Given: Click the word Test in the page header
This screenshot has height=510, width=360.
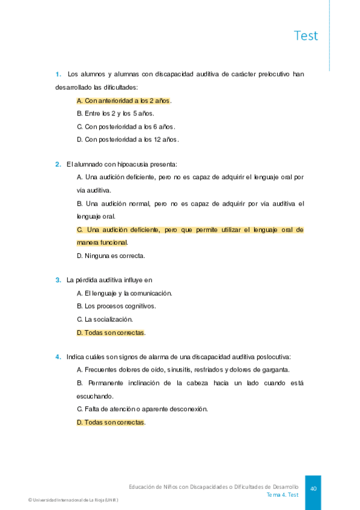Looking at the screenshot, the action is point(306,35).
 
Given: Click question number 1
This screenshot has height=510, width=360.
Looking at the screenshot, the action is point(58,75).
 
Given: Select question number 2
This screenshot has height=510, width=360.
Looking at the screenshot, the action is point(58,164).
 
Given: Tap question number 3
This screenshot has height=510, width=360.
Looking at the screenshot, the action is point(58,280).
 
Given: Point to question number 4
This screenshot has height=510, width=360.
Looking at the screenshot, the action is point(58,357).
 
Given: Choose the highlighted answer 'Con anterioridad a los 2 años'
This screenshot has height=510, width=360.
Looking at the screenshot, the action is point(124,100).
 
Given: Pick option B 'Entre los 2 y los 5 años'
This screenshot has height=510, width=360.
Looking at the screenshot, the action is point(115,114).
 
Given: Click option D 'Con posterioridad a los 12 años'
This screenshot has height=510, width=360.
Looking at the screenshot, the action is point(128,140).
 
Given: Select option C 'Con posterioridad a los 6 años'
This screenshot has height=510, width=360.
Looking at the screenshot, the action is point(126,127).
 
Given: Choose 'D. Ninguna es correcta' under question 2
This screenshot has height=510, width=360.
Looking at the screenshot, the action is point(111,256).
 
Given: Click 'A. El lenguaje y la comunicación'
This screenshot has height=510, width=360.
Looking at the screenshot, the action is point(125,293).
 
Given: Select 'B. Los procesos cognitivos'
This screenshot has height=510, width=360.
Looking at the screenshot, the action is point(117,306).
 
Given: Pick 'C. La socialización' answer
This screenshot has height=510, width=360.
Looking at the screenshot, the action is point(105,319).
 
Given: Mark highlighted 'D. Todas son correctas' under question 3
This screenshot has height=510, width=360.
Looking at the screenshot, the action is point(111,333).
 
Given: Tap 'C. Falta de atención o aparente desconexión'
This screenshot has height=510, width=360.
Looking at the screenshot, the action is point(142,409).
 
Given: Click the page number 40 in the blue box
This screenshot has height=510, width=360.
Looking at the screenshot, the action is point(313,488).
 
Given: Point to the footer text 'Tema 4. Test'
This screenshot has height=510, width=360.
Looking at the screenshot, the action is point(282,494).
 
